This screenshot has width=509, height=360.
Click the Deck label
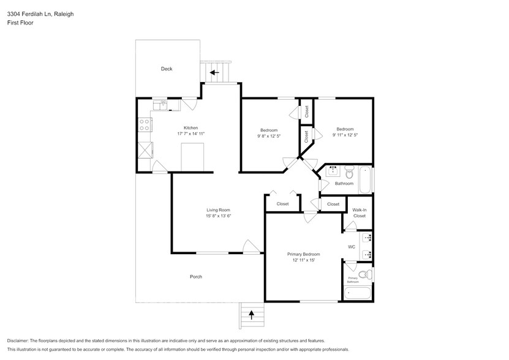tap(167, 69)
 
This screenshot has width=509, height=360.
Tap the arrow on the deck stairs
tap(214, 72)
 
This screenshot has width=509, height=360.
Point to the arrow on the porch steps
tap(251, 315)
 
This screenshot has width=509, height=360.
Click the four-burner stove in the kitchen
tap(145, 126)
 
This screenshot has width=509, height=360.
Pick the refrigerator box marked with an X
tap(145, 150)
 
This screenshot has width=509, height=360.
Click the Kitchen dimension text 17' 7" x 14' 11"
tap(190, 133)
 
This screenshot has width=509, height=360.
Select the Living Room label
tap(218, 210)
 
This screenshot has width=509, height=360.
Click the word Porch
tap(196, 277)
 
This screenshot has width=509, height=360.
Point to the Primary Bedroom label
tap(303, 254)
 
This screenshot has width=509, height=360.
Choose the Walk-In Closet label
tap(359, 212)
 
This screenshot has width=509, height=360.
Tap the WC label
tap(352, 247)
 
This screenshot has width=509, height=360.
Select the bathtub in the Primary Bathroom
tap(357, 293)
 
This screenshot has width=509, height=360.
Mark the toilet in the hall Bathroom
tap(349, 169)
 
